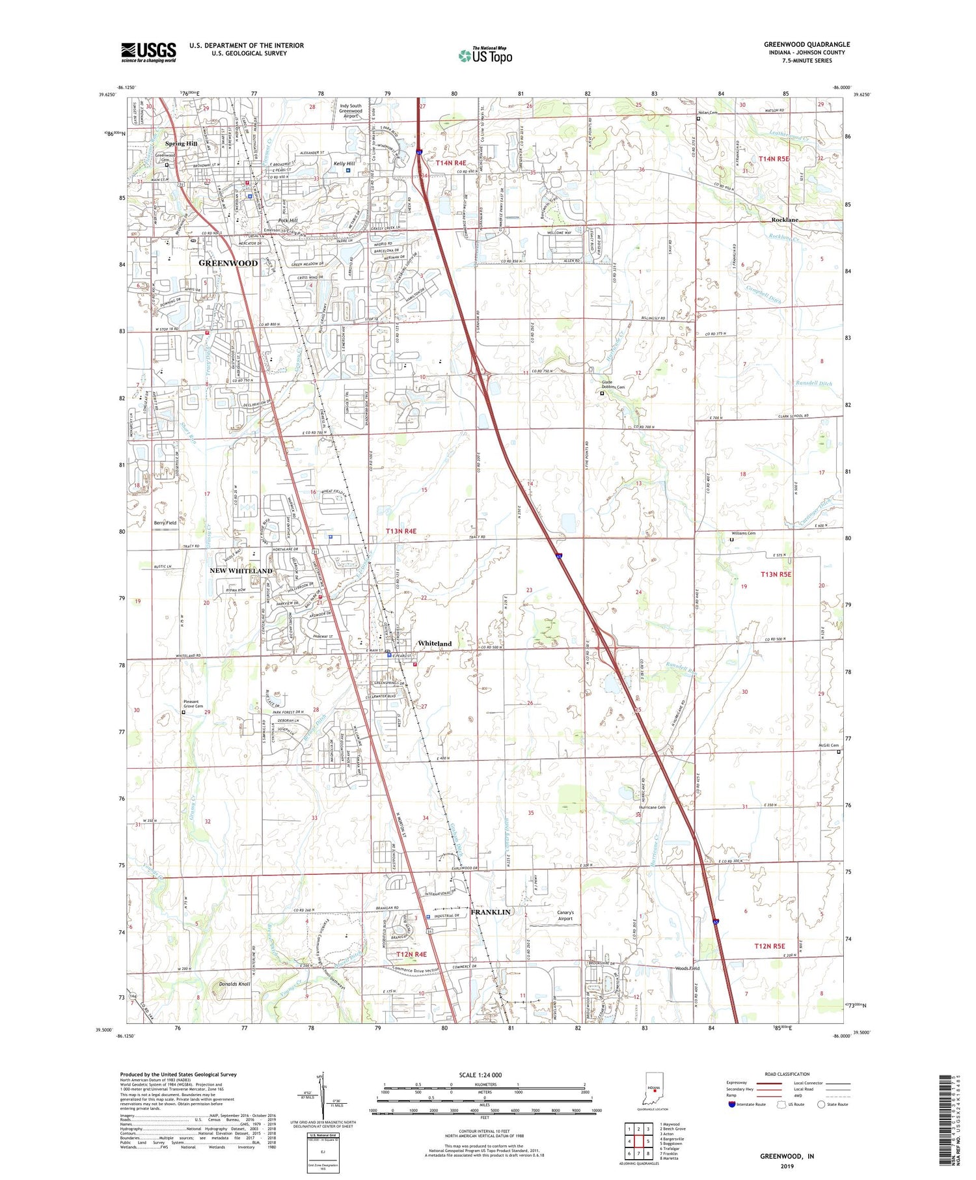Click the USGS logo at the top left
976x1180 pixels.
pyautogui.click(x=148, y=52)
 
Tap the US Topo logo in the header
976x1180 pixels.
pyautogui.click(x=485, y=56)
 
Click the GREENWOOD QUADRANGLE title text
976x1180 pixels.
pyautogui.click(x=806, y=45)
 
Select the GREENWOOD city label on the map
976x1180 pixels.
pyautogui.click(x=228, y=263)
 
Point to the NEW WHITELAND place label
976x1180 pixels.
pyautogui.click(x=241, y=571)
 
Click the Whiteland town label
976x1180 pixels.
pyautogui.click(x=435, y=643)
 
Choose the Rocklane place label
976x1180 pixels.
pyautogui.click(x=785, y=220)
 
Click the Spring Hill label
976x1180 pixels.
pyautogui.click(x=181, y=144)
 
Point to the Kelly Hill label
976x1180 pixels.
pyautogui.click(x=344, y=163)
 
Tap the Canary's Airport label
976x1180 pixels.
pyautogui.click(x=565, y=915)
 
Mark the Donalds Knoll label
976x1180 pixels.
pyautogui.click(x=217, y=983)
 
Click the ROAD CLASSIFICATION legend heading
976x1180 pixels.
pyautogui.click(x=787, y=1074)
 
